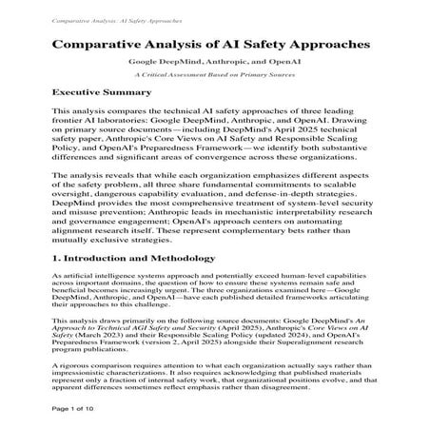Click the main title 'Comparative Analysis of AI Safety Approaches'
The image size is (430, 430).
[x=214, y=44]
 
